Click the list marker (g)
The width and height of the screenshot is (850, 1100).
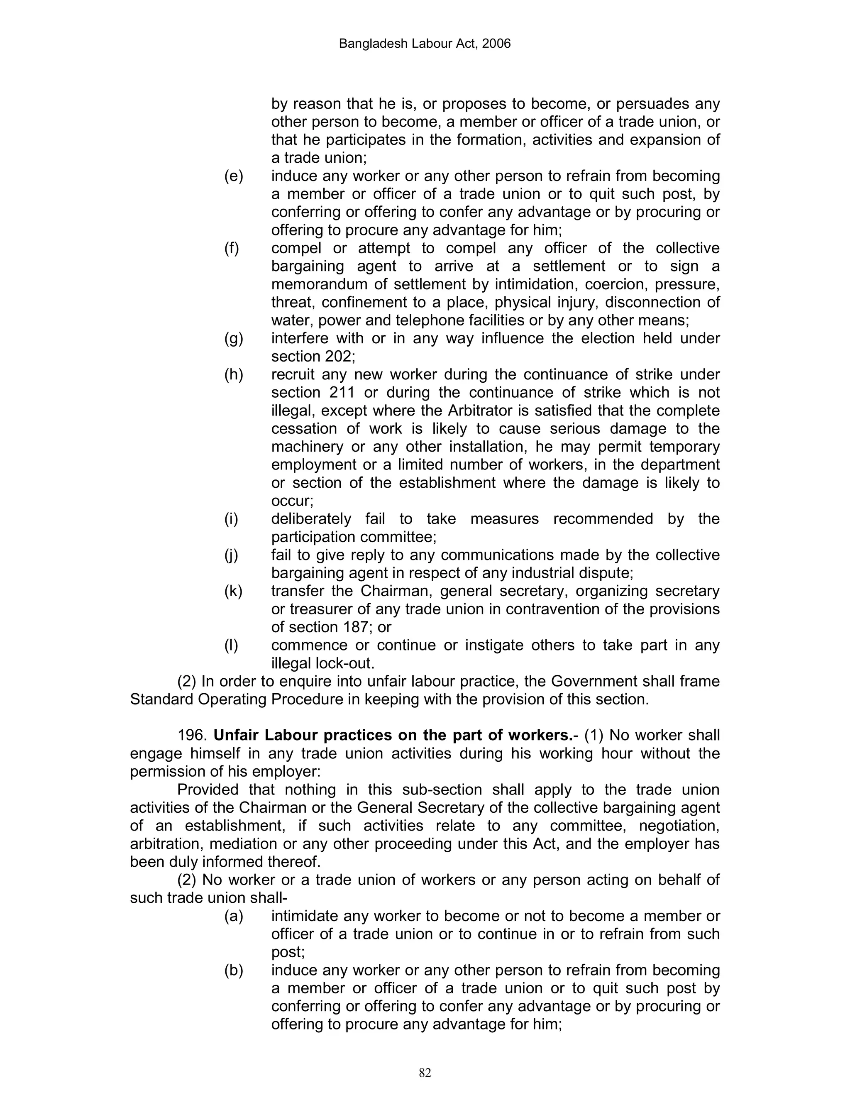coord(234,338)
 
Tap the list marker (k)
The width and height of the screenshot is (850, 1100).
coord(234,591)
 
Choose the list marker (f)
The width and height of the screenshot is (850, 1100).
coord(232,248)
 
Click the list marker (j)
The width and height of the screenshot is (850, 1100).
coord(231,555)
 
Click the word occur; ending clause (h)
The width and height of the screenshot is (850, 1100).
coord(292,501)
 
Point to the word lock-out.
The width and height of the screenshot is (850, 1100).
coord(349,663)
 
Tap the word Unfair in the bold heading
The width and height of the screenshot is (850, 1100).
coord(236,736)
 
